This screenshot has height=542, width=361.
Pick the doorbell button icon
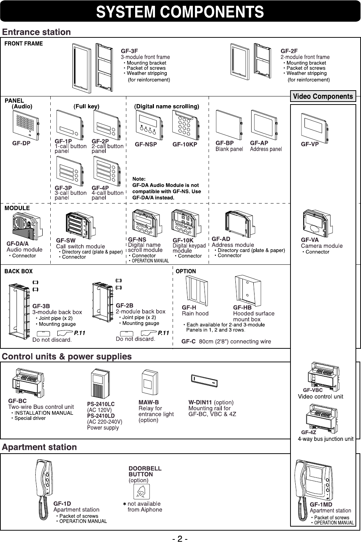pyautogui.click(x=141, y=491)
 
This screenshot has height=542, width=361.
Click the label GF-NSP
pyautogui.click(x=146, y=144)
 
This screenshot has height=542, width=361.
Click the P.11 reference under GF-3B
pyautogui.click(x=80, y=333)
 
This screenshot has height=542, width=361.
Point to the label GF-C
pyautogui.click(x=189, y=342)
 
